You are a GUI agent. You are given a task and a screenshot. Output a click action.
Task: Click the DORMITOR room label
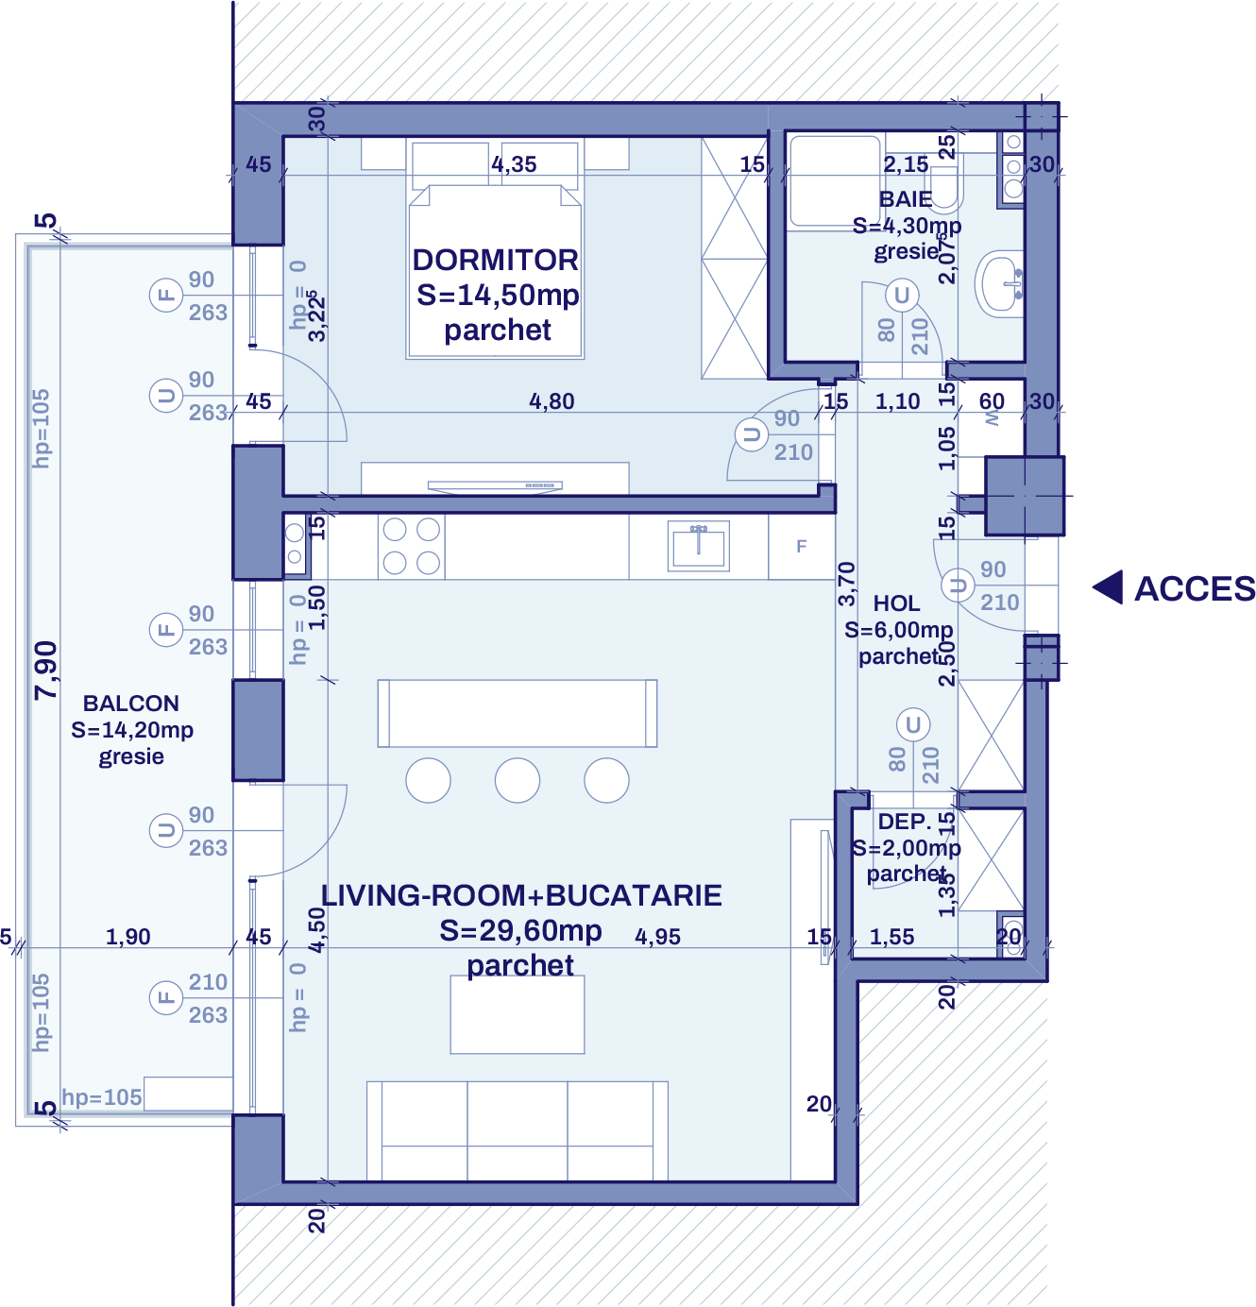tap(496, 261)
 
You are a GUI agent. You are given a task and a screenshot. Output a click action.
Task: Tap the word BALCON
tap(130, 704)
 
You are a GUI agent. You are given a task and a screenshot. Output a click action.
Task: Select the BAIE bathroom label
tap(906, 199)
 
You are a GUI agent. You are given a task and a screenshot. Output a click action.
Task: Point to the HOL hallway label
tap(896, 603)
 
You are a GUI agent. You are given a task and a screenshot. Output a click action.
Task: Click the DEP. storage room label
tap(904, 822)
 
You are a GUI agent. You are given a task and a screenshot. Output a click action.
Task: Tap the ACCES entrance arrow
tap(1108, 587)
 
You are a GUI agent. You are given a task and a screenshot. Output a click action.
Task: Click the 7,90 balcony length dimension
tap(46, 670)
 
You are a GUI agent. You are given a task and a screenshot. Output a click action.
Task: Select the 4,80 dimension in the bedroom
tap(552, 401)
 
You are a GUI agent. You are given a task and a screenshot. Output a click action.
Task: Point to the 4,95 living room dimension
tap(657, 937)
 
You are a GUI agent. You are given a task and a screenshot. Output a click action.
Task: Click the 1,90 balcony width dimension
tap(127, 937)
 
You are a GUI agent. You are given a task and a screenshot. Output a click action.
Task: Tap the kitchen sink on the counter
tap(699, 546)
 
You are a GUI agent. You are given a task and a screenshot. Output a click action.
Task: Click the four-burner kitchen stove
tap(412, 546)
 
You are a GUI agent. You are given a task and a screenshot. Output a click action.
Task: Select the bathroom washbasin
tap(1001, 283)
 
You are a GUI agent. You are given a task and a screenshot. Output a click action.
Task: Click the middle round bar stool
tap(518, 781)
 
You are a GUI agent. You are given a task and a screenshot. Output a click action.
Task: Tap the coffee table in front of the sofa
tap(518, 1014)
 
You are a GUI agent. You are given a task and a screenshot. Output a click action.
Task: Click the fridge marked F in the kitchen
tap(801, 546)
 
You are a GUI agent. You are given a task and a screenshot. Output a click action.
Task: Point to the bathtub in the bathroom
tap(835, 180)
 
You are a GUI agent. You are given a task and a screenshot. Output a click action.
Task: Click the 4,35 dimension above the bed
tap(514, 164)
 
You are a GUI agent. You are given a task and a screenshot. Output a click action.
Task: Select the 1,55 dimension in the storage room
tap(891, 937)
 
